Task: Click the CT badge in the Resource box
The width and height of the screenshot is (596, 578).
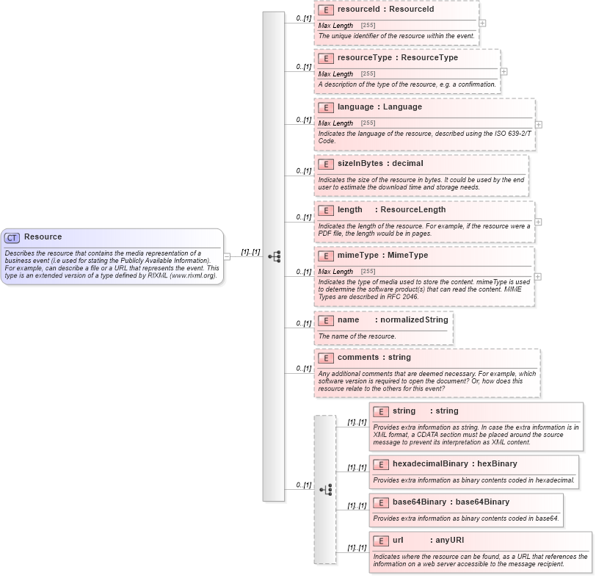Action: click(x=12, y=237)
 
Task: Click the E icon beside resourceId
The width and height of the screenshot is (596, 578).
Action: click(x=326, y=10)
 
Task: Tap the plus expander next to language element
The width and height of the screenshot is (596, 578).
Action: click(x=539, y=125)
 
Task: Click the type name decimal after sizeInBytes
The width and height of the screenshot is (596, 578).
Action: click(x=405, y=163)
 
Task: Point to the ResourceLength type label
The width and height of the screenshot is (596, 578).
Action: click(x=413, y=210)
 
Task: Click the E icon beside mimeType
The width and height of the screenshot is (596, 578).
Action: click(x=326, y=256)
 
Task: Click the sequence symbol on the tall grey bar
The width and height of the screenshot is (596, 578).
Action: click(x=274, y=256)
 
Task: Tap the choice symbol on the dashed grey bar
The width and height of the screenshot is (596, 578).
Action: click(x=325, y=489)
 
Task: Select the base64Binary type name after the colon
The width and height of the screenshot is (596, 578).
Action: click(x=482, y=502)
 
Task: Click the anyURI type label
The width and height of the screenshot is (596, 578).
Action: click(x=449, y=541)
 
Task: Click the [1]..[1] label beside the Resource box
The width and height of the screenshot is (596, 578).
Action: click(x=250, y=252)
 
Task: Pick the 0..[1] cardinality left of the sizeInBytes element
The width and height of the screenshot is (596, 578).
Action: click(x=303, y=171)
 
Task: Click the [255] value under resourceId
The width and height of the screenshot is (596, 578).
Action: click(x=368, y=26)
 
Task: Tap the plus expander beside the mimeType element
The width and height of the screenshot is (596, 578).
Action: click(x=537, y=277)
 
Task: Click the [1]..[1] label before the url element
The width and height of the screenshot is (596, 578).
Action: click(x=357, y=548)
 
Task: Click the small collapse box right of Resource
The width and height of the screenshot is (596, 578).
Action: click(x=228, y=256)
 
